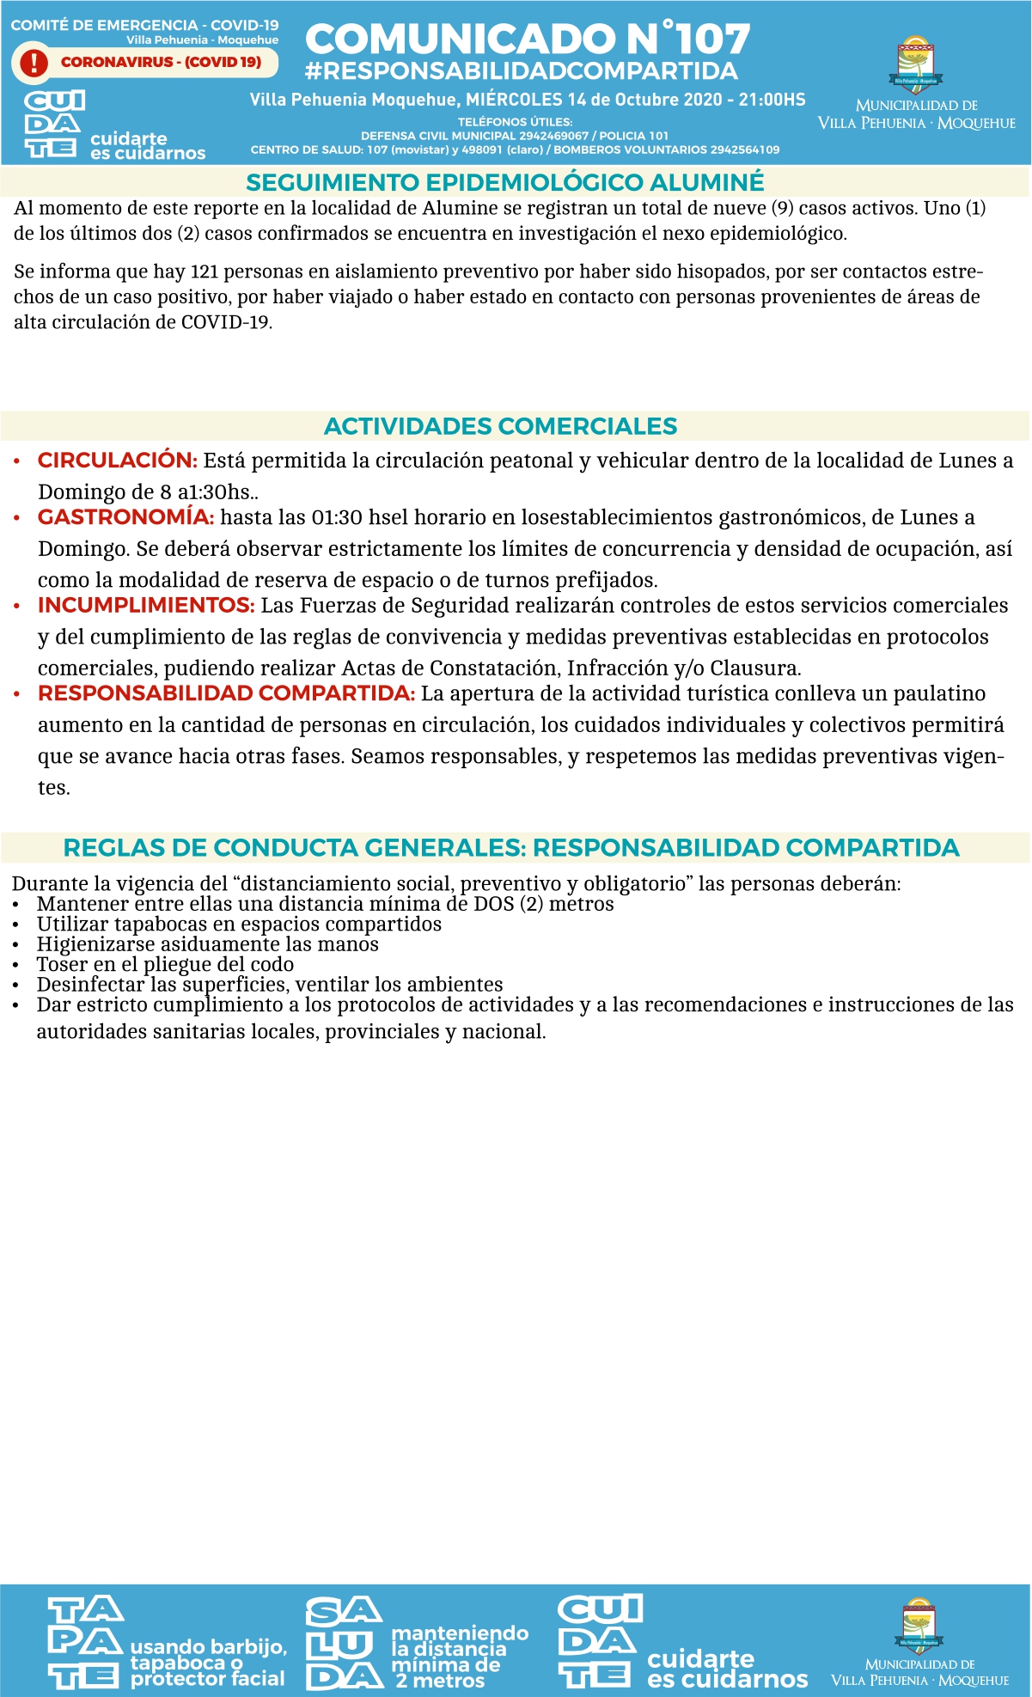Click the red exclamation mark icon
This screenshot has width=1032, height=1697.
click(34, 63)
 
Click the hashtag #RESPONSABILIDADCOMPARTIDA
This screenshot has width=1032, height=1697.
click(521, 71)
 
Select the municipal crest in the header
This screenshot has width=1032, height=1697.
click(916, 65)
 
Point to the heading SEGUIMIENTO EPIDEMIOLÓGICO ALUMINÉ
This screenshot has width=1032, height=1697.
click(504, 182)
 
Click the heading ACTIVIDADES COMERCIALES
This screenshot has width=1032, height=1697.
click(500, 426)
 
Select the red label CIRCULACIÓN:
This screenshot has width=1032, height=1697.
click(118, 461)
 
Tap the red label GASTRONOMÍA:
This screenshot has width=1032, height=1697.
click(125, 517)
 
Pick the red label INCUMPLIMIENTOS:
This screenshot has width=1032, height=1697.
click(146, 606)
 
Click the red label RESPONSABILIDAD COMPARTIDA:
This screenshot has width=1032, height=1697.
click(226, 693)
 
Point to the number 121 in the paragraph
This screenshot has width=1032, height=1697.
click(205, 272)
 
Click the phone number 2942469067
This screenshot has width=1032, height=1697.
click(553, 136)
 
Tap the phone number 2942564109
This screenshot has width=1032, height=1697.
click(744, 150)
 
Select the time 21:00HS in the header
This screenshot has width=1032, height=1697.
click(772, 100)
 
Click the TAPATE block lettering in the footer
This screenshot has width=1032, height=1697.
click(84, 1642)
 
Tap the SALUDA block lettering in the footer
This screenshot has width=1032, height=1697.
click(343, 1643)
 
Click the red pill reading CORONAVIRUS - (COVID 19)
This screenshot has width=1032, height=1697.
click(161, 62)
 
